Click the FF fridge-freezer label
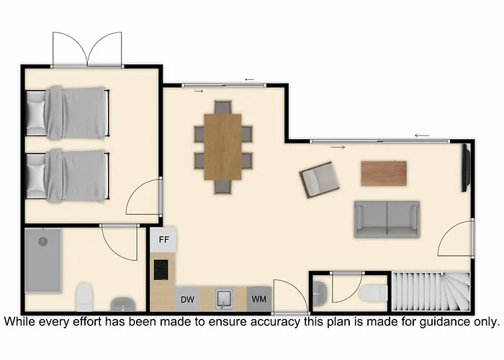(164, 240)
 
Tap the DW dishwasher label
(188, 300)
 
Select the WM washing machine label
(259, 300)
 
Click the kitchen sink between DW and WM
(225, 299)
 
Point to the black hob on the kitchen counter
(161, 270)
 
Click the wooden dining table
(222, 147)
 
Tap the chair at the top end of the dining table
(223, 107)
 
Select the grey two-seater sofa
(387, 219)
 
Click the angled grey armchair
(320, 180)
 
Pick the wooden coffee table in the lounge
(384, 174)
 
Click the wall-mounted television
(466, 168)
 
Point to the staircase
(431, 292)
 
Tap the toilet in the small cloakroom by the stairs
(373, 293)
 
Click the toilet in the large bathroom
(84, 297)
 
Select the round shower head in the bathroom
(43, 241)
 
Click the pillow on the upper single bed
(36, 114)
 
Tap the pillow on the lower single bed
(36, 177)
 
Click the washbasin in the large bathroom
(123, 305)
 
